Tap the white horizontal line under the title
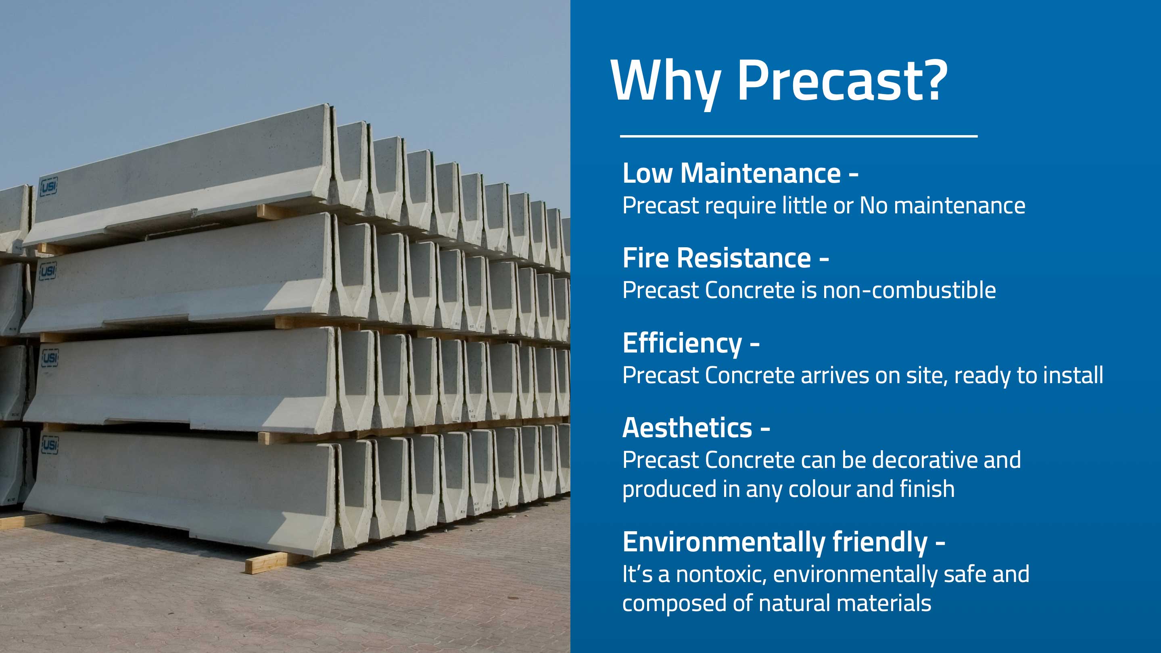(x=799, y=136)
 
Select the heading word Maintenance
(x=760, y=173)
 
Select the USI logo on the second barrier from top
(x=48, y=271)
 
